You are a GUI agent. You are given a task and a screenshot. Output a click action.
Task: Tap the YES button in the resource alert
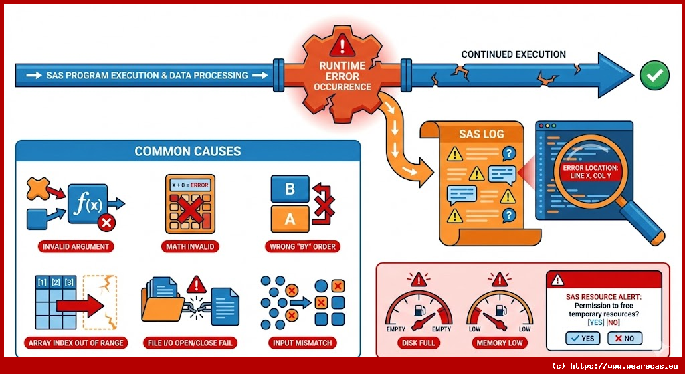click(x=583, y=338)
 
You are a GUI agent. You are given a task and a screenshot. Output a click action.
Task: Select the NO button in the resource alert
click(x=624, y=338)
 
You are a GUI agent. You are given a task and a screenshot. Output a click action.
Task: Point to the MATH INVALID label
click(x=190, y=246)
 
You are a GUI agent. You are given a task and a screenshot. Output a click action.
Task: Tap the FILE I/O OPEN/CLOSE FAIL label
click(x=189, y=343)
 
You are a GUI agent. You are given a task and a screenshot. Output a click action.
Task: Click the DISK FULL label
click(x=419, y=343)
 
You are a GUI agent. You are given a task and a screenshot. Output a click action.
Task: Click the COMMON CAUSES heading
click(x=188, y=151)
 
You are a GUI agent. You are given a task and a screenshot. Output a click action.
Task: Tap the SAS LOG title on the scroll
click(x=480, y=134)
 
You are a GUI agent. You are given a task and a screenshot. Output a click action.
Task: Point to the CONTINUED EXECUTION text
click(x=514, y=54)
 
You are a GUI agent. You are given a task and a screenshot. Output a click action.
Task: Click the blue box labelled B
click(x=290, y=189)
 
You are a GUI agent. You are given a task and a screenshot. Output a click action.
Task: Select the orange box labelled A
click(x=290, y=218)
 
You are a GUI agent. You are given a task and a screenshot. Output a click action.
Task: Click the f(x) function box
click(x=88, y=203)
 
